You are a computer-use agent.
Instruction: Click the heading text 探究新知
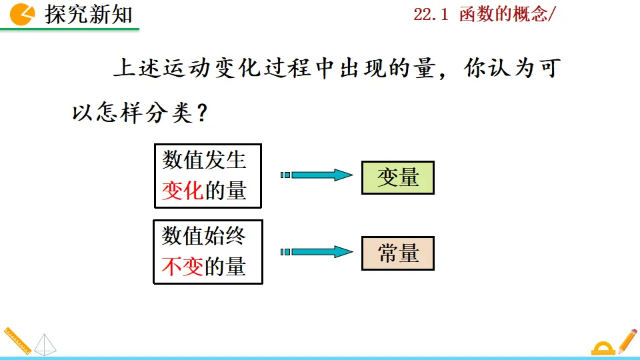tap(89, 14)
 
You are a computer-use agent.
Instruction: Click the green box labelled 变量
tap(397, 177)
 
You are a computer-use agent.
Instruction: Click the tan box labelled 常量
tap(397, 253)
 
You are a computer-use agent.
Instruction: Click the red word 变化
tap(182, 191)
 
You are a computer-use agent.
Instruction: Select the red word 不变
tap(182, 267)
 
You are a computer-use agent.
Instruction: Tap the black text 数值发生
tap(204, 160)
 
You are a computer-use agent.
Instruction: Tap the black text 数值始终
tap(204, 235)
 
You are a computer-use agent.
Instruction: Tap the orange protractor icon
tap(603, 348)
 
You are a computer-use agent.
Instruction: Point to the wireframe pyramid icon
tap(46, 344)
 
